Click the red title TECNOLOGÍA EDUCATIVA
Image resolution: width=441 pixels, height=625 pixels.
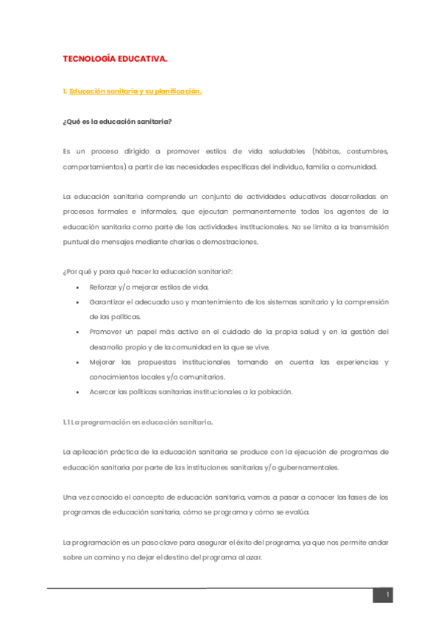pos(116,57)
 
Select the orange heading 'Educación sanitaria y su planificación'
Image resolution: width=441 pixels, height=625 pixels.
pos(135,91)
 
